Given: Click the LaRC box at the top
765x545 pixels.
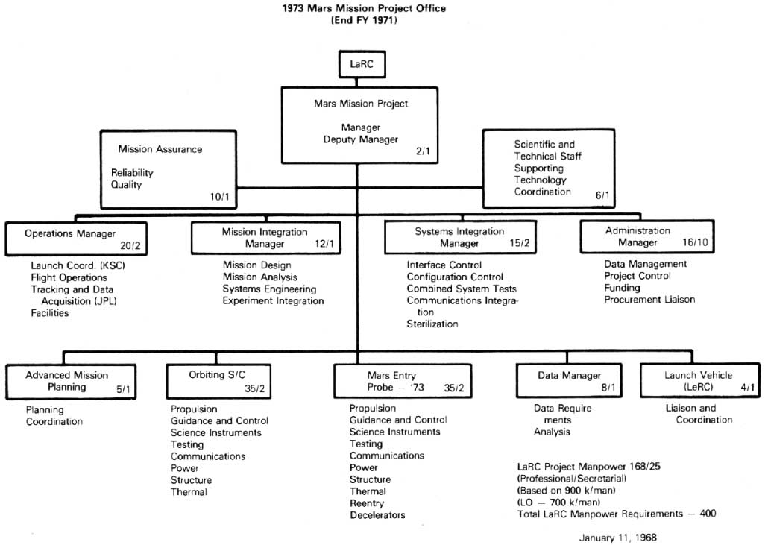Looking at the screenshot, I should tap(362, 65).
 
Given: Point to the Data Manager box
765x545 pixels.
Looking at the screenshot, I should tap(569, 381).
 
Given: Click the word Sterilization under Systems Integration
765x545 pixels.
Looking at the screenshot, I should tap(432, 324).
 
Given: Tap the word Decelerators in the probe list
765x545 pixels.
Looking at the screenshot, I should tap(377, 515).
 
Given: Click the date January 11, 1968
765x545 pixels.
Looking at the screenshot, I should tap(617, 537).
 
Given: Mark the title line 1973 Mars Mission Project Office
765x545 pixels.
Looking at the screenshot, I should tap(364, 9).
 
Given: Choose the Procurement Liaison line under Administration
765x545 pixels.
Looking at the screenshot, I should tap(649, 300).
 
